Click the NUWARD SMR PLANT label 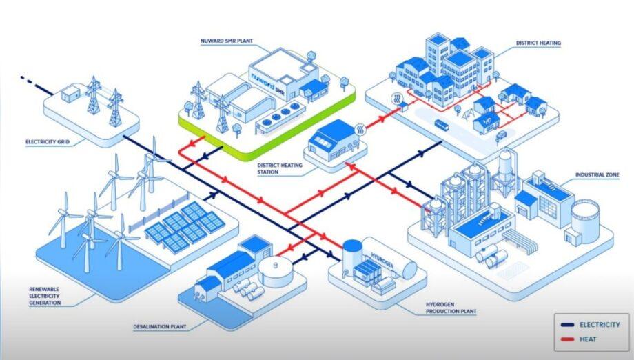pyautogui.click(x=227, y=41)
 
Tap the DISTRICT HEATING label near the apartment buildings pyautogui.click(x=538, y=43)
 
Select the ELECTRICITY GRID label pyautogui.click(x=48, y=142)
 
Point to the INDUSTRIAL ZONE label pyautogui.click(x=597, y=174)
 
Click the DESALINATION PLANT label pyautogui.click(x=160, y=326)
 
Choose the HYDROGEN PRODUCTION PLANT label pyautogui.click(x=451, y=308)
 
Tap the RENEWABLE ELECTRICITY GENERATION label pyautogui.click(x=45, y=296)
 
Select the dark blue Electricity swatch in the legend pyautogui.click(x=567, y=325)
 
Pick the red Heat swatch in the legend pyautogui.click(x=567, y=339)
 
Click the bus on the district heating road pyautogui.click(x=442, y=125)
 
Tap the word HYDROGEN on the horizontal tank pyautogui.click(x=382, y=259)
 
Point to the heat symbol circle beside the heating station pyautogui.click(x=360, y=130)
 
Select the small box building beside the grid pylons pyautogui.click(x=72, y=94)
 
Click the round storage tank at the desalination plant pyautogui.click(x=276, y=270)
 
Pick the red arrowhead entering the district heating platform pyautogui.click(x=381, y=119)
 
